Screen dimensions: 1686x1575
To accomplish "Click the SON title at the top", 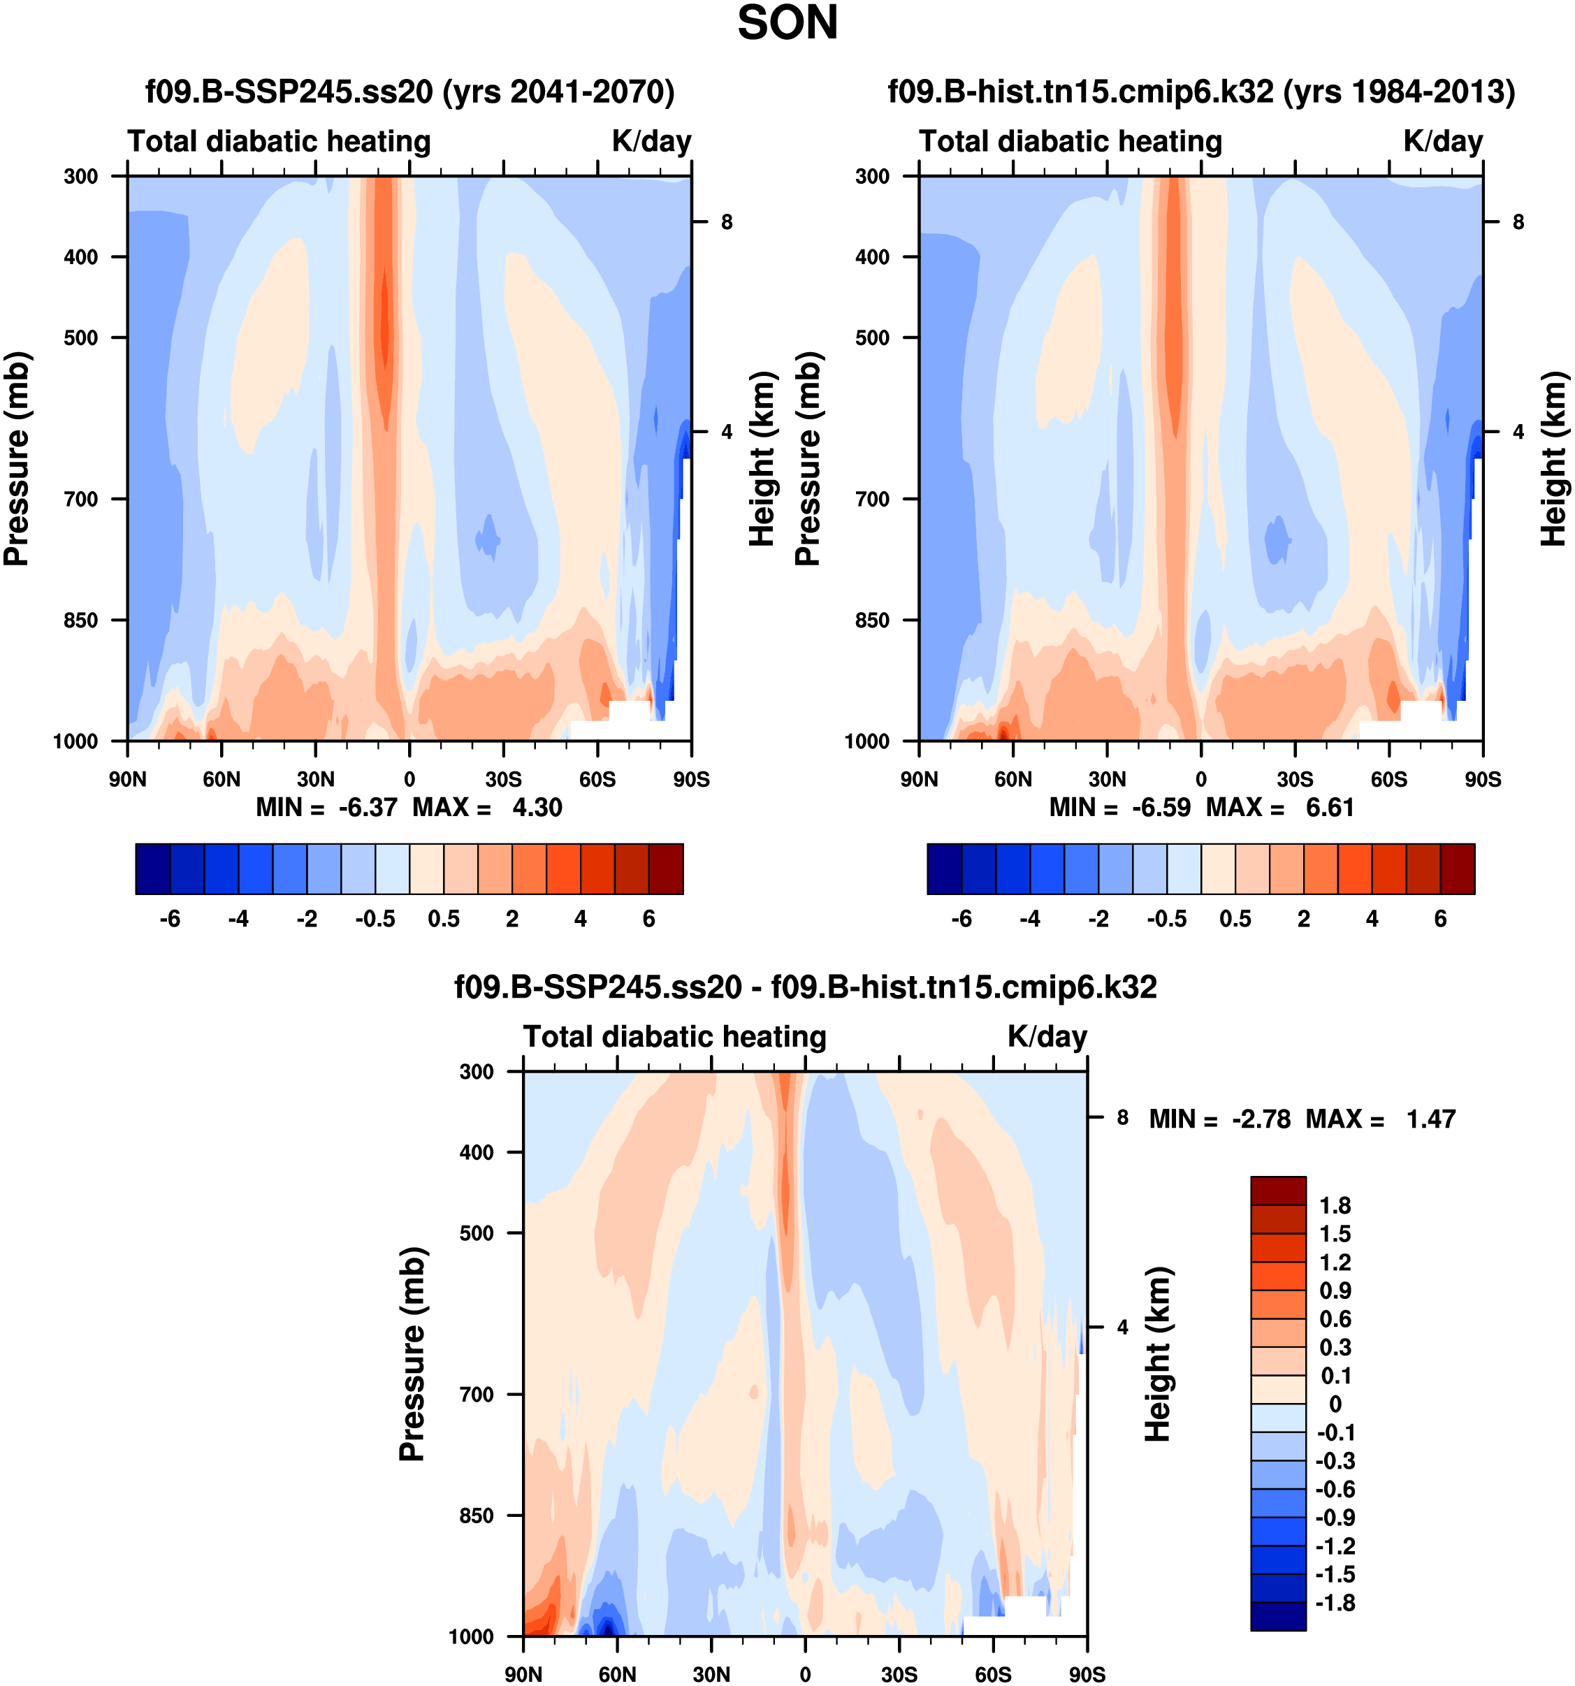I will tap(787, 23).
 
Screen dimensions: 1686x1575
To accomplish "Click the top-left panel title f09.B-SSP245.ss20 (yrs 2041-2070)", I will tap(409, 91).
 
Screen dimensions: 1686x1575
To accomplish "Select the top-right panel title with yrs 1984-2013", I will tap(1201, 91).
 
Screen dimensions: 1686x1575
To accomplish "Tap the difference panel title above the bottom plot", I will tap(805, 987).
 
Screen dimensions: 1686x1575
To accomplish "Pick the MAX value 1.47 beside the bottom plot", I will tap(1431, 1119).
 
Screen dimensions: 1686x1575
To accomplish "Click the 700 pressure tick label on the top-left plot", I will tap(82, 499).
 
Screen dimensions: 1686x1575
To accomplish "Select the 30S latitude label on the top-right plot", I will tap(1294, 779).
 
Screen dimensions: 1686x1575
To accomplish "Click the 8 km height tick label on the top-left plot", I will tap(727, 222).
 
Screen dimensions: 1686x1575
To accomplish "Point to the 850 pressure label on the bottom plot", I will tap(476, 1516).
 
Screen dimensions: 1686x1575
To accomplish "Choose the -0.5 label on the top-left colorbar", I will tap(375, 920).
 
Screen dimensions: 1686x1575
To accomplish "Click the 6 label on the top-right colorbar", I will tap(1440, 920).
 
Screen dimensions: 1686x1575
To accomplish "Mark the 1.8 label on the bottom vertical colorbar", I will tap(1335, 1205).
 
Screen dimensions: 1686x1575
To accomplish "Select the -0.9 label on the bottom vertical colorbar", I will tap(1335, 1517).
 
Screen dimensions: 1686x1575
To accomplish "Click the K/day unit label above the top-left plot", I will tap(651, 140).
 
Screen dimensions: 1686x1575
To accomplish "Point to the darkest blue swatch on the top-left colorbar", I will tap(152, 869).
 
